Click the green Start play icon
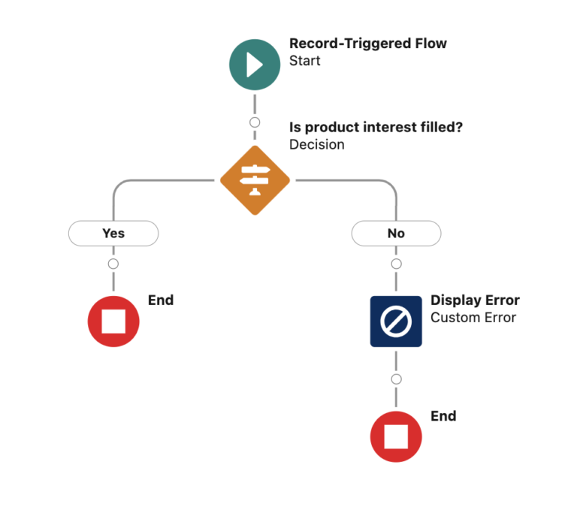(255, 65)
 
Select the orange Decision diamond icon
(255, 180)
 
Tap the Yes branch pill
(113, 234)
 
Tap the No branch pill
(396, 234)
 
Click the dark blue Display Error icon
(396, 321)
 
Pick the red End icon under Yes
(113, 321)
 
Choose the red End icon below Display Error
(396, 436)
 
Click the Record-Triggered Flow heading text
(367, 44)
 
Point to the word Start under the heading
(304, 61)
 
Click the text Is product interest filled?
(376, 127)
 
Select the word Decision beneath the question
(316, 144)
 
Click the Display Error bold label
(474, 300)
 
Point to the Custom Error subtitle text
(473, 318)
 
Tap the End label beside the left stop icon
(161, 300)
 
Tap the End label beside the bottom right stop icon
(443, 416)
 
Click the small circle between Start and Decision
(255, 122)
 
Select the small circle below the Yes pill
(113, 264)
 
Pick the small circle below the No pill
(396, 264)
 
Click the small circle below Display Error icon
(396, 379)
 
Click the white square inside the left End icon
(113, 321)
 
